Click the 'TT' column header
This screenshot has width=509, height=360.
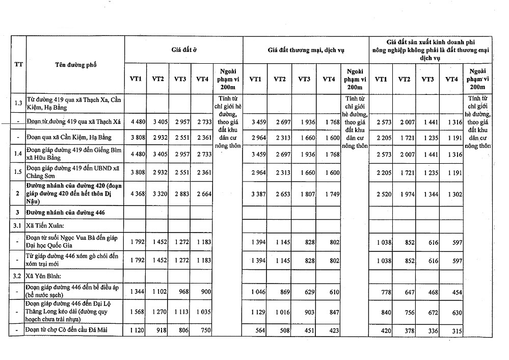(17, 65)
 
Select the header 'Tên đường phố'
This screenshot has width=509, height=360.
(75, 65)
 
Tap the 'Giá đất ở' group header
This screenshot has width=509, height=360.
(183, 50)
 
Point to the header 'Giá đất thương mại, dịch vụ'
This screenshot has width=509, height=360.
(306, 50)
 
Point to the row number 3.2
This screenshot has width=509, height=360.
(18, 277)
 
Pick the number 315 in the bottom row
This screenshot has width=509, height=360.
(456, 331)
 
